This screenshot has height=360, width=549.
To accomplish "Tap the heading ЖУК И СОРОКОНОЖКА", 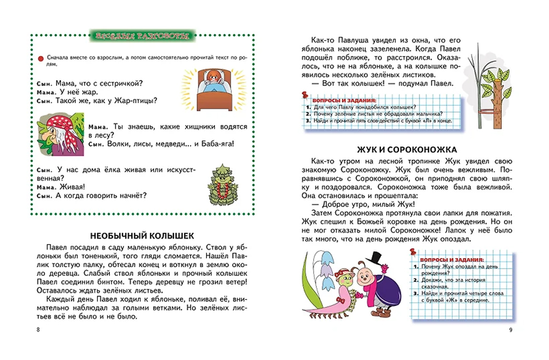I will (406, 149).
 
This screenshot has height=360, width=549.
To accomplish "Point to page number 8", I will (37, 329).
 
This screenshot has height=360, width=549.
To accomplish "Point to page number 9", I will (511, 329).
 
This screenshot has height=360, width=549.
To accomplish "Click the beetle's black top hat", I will (374, 257).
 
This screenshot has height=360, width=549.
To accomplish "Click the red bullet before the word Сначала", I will (41, 57).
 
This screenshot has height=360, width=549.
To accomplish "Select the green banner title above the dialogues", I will (142, 37).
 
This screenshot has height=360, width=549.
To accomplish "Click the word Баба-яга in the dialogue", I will (214, 144).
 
